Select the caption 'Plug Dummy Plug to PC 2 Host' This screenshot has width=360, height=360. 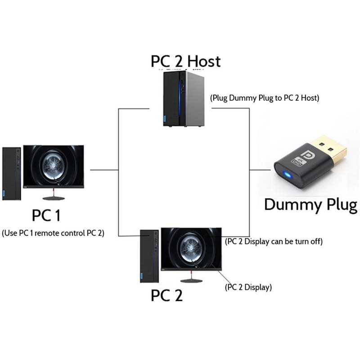[265, 98]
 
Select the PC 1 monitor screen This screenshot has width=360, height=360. [54, 166]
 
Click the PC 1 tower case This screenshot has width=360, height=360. [12, 173]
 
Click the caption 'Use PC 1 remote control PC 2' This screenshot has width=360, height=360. [53, 233]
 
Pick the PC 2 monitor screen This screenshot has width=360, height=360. [191, 248]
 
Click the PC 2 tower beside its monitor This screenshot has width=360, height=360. [149, 256]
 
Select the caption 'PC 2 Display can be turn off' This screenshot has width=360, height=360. [274, 241]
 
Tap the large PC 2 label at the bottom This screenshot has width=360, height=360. [167, 296]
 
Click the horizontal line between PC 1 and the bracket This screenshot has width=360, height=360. [104, 170]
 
